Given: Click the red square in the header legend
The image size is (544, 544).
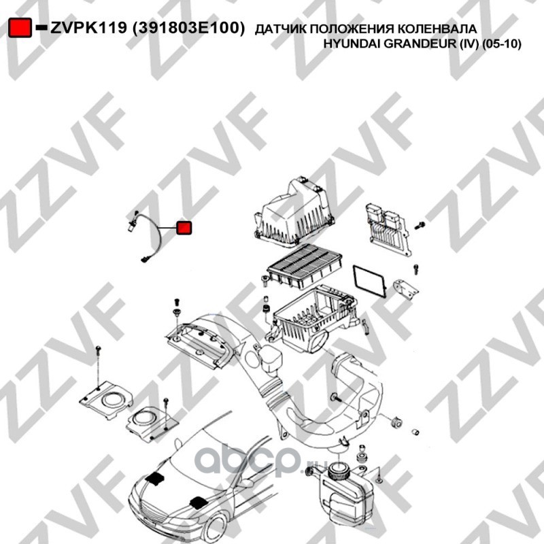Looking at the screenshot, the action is click(x=20, y=27).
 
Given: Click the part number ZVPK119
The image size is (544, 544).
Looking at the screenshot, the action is click(x=89, y=28).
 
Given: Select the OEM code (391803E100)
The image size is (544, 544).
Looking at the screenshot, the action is click(x=189, y=28).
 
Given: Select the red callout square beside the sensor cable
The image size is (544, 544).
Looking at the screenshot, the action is click(x=184, y=228).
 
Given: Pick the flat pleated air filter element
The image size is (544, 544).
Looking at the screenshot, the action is click(x=305, y=265).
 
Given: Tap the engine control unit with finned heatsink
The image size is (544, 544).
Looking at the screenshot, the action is click(x=388, y=228).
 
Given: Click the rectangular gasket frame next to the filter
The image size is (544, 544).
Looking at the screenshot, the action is click(x=369, y=281).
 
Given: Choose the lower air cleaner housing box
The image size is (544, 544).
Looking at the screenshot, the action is click(x=314, y=318).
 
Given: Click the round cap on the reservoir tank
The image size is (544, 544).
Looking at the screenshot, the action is click(x=337, y=472).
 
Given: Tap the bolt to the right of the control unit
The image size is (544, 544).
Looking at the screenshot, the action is click(x=420, y=225).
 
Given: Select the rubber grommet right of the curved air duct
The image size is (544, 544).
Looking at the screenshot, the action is click(x=396, y=421).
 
